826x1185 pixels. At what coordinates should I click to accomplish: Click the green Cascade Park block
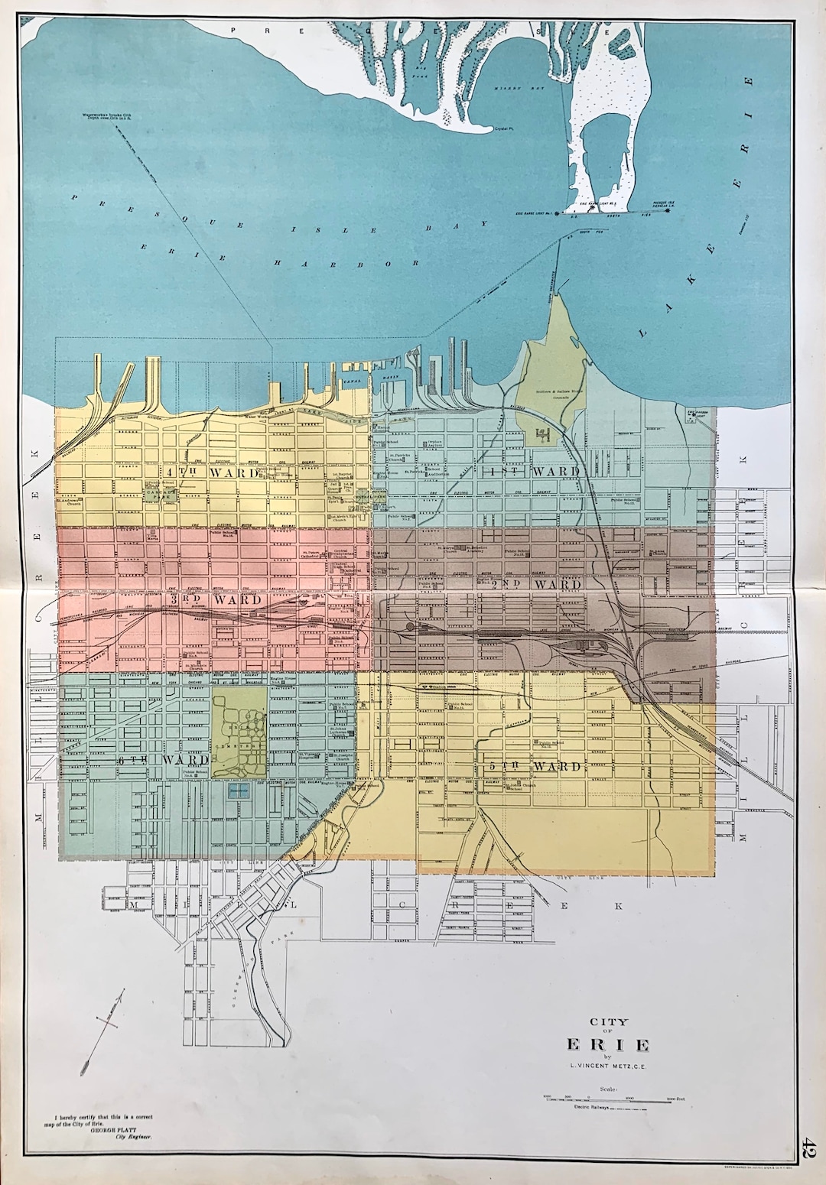(x=161, y=494)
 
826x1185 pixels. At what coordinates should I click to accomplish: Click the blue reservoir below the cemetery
(x=239, y=791)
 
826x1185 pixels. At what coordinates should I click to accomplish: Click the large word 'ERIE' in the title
(x=608, y=1044)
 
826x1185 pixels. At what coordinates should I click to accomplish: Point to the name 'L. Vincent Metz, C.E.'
(x=608, y=1066)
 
